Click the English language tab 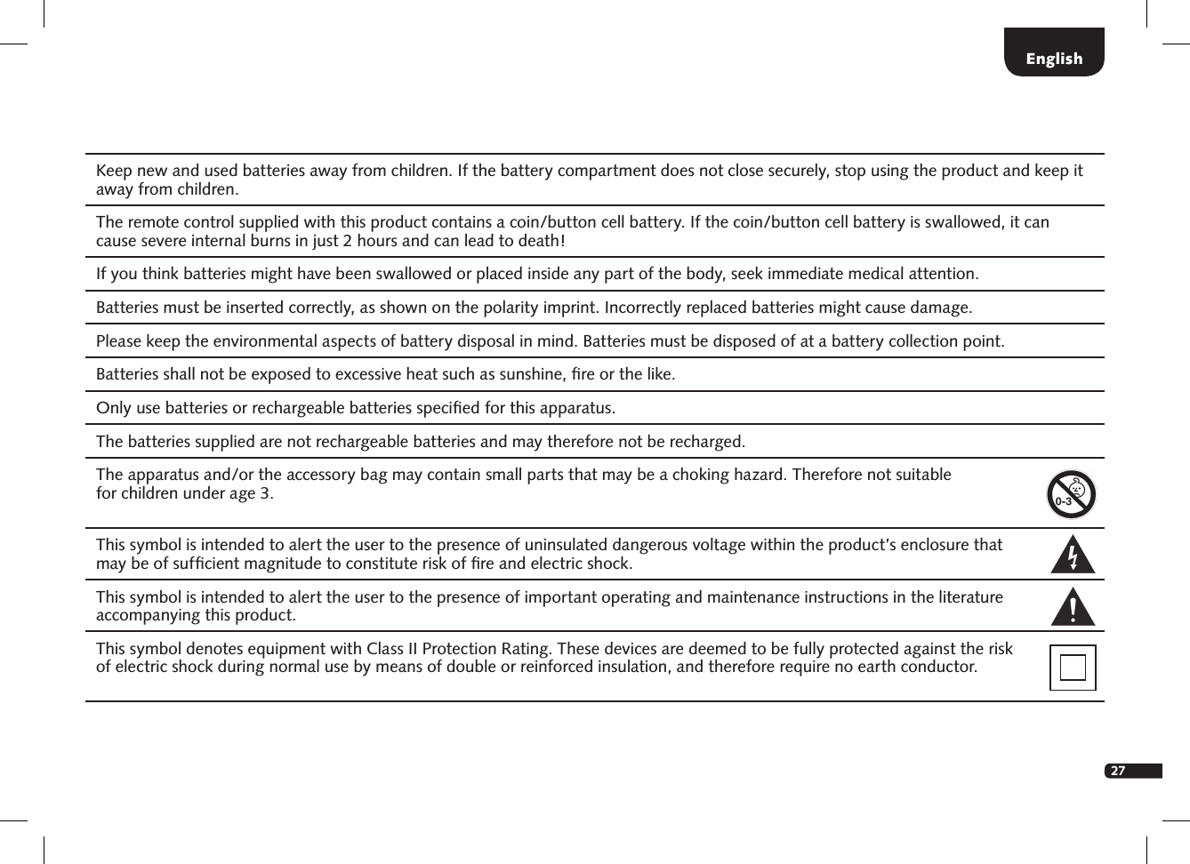click(x=1054, y=59)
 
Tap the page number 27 click(x=1118, y=771)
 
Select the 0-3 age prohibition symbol click(x=1071, y=494)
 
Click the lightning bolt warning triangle click(x=1073, y=556)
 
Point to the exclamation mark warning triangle click(x=1073, y=607)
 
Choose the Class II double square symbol click(x=1073, y=668)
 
